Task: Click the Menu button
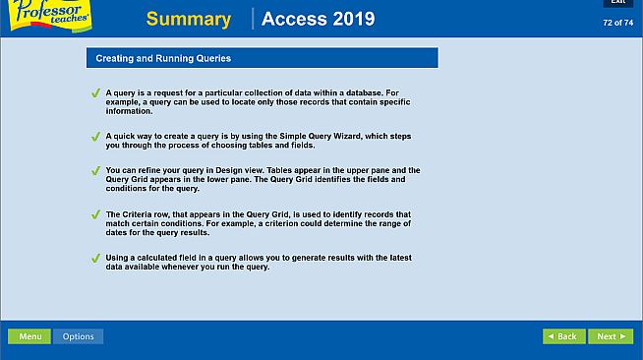pyautogui.click(x=29, y=336)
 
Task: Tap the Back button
pyautogui.click(x=563, y=336)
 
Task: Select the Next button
pyautogui.click(x=610, y=336)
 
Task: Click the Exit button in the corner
pyautogui.click(x=617, y=3)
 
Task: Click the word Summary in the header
pyautogui.click(x=188, y=20)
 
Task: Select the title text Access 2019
pyautogui.click(x=318, y=20)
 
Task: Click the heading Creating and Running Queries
pyautogui.click(x=163, y=59)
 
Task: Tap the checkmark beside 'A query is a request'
pyautogui.click(x=95, y=93)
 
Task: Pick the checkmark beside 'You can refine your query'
pyautogui.click(x=95, y=171)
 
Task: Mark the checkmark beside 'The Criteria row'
pyautogui.click(x=95, y=214)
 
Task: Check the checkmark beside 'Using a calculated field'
pyautogui.click(x=95, y=259)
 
